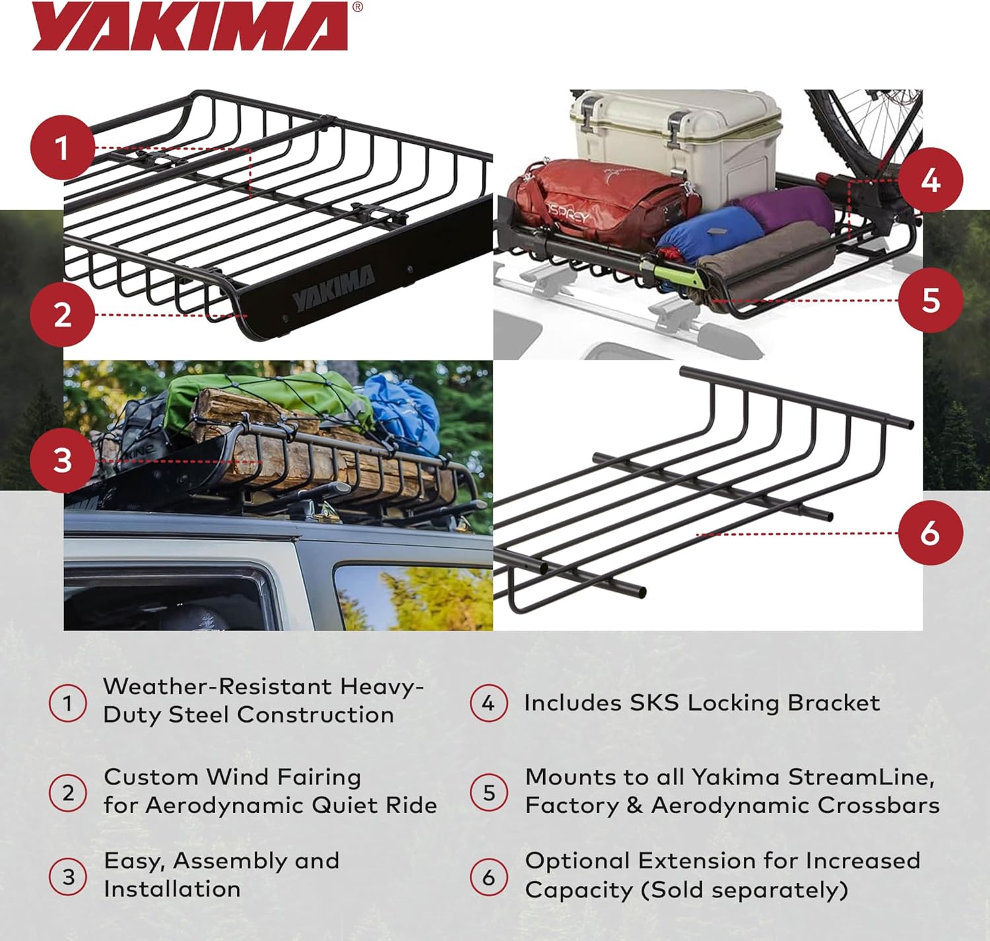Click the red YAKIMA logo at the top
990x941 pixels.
click(190, 26)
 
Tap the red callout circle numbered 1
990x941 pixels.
click(63, 148)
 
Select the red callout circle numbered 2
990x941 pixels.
click(63, 315)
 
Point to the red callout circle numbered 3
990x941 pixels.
click(63, 460)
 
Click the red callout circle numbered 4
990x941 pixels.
click(930, 179)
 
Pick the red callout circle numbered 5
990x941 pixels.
click(930, 300)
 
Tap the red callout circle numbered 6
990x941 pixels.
click(930, 533)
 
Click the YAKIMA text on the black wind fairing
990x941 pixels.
click(334, 288)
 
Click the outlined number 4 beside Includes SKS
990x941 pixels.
click(488, 703)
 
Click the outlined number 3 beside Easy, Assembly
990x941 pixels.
click(68, 877)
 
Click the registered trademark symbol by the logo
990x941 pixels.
click(357, 7)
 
